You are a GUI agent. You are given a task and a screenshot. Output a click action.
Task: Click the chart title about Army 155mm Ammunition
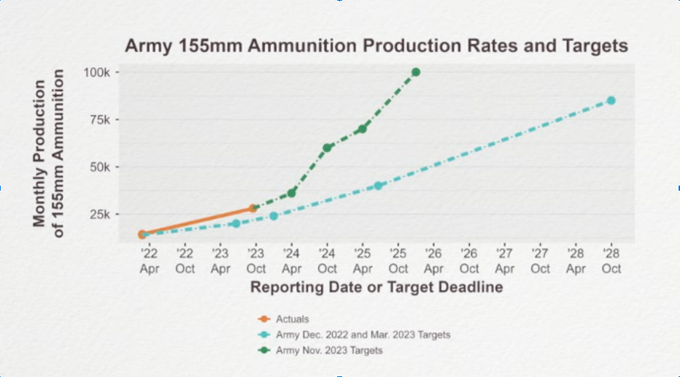point(376,46)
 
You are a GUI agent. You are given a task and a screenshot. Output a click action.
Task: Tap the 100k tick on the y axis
point(96,72)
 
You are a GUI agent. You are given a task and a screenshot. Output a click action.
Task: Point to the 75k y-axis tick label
point(99,120)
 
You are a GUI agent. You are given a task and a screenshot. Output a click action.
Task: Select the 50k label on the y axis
point(99,167)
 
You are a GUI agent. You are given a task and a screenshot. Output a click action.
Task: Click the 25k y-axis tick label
point(99,214)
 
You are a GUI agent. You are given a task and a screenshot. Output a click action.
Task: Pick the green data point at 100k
point(416,72)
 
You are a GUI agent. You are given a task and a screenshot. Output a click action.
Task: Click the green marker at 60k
point(328,148)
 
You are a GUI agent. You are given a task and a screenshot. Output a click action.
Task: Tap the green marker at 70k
point(363,129)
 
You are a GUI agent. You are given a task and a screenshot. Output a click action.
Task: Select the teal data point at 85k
point(611,100)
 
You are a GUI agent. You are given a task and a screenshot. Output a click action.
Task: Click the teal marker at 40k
point(379,186)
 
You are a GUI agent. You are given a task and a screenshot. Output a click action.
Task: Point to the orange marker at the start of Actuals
point(143,235)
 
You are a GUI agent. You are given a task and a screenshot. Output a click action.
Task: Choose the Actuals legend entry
point(292,319)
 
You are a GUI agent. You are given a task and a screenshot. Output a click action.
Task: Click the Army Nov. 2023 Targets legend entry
point(328,351)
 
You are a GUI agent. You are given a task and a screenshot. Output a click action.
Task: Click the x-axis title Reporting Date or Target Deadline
point(376,287)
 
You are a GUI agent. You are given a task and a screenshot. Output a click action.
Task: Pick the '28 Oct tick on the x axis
point(611,261)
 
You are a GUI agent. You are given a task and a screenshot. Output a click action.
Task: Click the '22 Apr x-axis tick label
point(149,261)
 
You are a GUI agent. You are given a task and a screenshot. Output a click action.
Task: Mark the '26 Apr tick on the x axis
point(433,261)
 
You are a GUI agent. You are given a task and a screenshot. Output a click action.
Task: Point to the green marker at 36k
point(292,193)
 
